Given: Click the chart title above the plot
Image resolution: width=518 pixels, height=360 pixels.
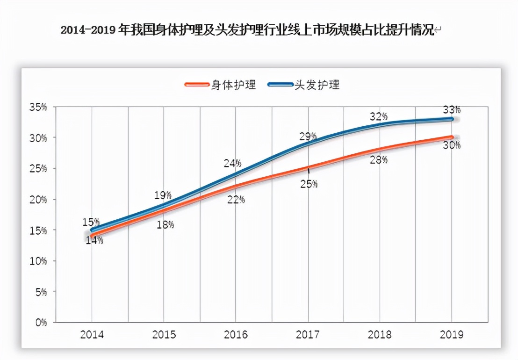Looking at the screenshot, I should click(248, 31).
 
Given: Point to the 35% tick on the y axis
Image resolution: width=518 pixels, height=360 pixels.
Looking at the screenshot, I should click(38, 107).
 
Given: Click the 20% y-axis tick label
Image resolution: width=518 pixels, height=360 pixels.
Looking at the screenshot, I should click(38, 200).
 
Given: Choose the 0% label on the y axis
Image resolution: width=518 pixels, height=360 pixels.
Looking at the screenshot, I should click(41, 322).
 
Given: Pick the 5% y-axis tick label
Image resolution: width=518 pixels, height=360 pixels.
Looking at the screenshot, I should click(41, 292).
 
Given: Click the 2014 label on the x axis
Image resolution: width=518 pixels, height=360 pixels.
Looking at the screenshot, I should click(92, 335).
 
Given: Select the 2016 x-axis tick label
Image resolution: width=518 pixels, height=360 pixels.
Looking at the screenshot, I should click(236, 335).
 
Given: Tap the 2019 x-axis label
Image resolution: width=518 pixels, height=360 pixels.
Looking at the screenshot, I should click(452, 335).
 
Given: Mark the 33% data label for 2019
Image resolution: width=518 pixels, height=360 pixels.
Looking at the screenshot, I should click(452, 110).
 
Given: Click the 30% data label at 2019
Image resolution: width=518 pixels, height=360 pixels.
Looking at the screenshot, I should click(452, 145).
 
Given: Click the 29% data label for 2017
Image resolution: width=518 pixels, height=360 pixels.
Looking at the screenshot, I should click(308, 137).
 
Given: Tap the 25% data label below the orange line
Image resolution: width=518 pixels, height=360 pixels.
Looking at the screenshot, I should click(309, 184).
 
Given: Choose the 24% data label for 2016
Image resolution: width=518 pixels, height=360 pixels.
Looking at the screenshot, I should click(232, 163).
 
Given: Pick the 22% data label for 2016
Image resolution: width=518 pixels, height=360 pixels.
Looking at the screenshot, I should click(236, 200).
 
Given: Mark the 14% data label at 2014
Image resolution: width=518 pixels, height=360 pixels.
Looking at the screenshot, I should click(94, 241).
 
